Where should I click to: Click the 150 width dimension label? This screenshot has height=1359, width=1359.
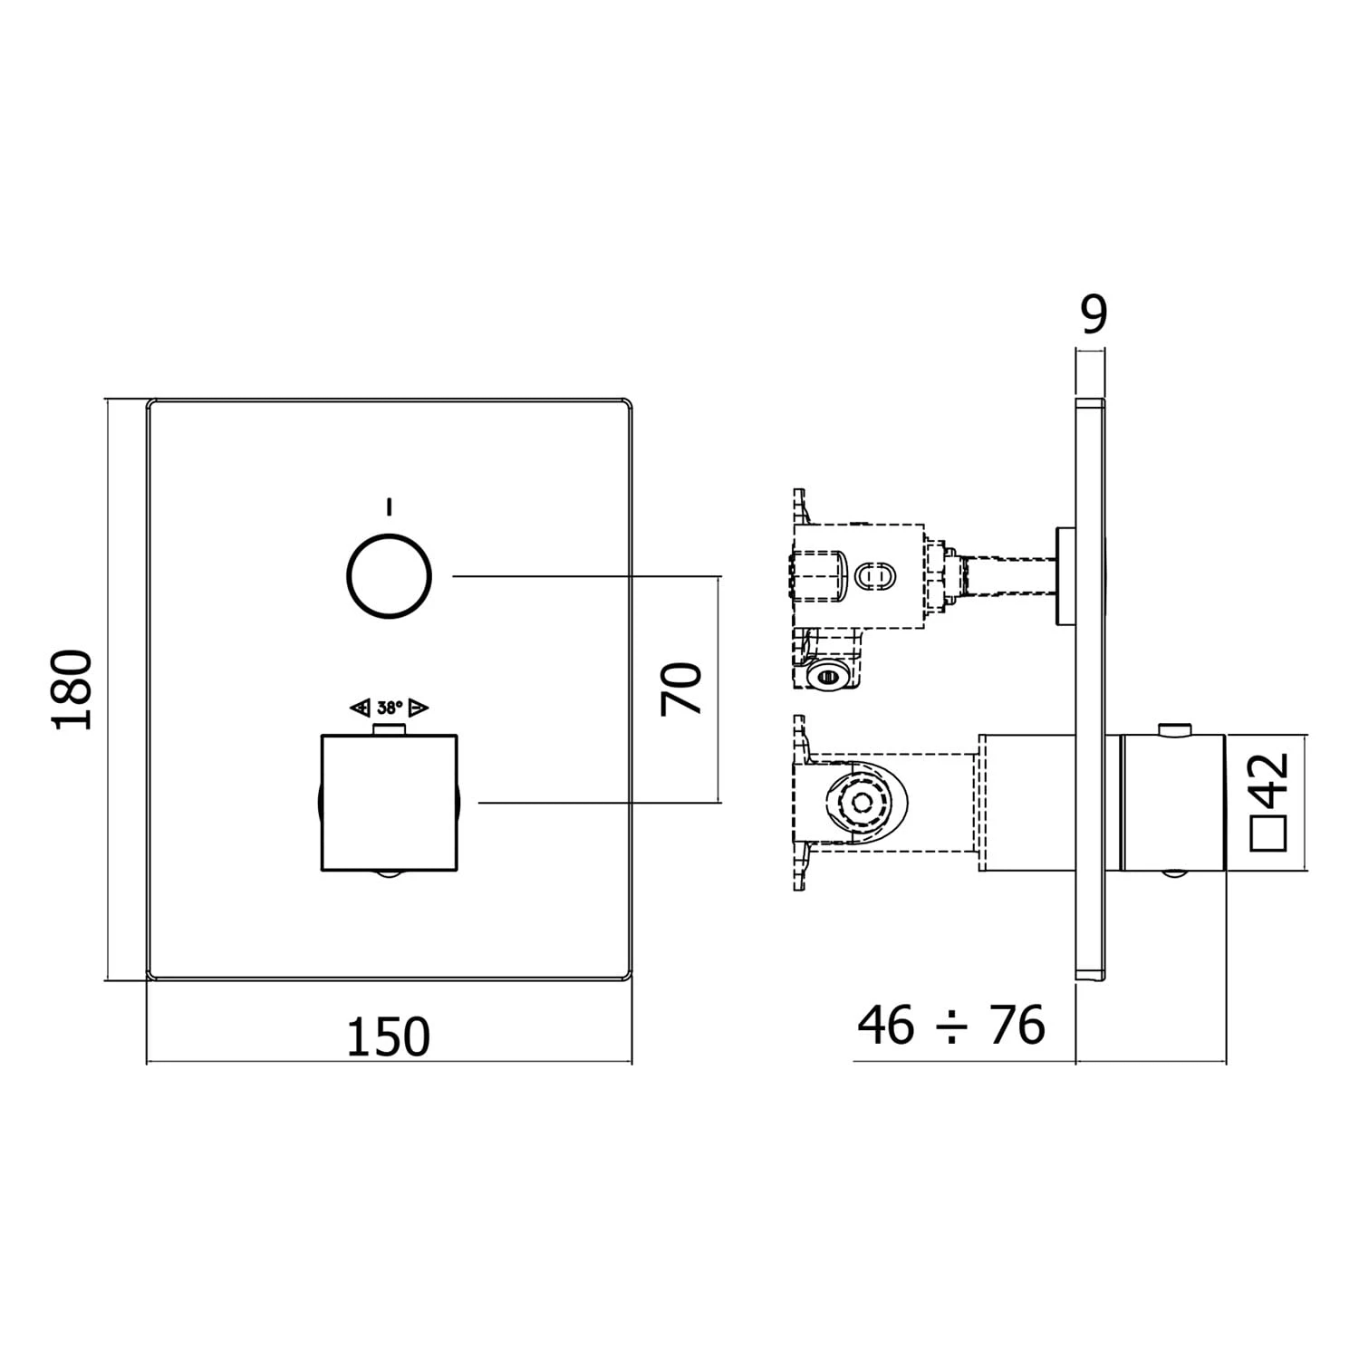pyautogui.click(x=389, y=1036)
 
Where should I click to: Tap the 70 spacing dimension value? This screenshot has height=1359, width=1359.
pyautogui.click(x=681, y=689)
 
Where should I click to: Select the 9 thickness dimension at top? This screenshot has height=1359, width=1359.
pyautogui.click(x=1094, y=314)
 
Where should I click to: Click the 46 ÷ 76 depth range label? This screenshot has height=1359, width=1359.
pyautogui.click(x=951, y=1025)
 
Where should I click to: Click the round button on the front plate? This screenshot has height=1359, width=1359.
pyautogui.click(x=390, y=576)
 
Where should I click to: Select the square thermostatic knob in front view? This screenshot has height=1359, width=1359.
pyautogui.click(x=390, y=802)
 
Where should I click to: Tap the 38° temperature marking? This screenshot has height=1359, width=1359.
pyautogui.click(x=390, y=707)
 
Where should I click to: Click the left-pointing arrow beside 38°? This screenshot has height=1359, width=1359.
pyautogui.click(x=360, y=707)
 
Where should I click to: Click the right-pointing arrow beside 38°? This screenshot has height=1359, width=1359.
pyautogui.click(x=419, y=707)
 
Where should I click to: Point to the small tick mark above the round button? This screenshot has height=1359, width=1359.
pyautogui.click(x=390, y=506)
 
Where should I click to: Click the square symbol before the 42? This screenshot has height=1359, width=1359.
pyautogui.click(x=1268, y=832)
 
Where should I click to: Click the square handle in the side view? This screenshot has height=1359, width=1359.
pyautogui.click(x=1173, y=802)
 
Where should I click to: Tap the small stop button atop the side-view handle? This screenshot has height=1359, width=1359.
pyautogui.click(x=1174, y=728)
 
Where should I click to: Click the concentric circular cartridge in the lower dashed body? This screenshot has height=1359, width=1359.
pyautogui.click(x=862, y=802)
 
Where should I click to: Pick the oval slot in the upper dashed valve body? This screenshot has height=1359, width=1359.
pyautogui.click(x=876, y=575)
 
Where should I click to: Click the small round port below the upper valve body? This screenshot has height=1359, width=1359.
pyautogui.click(x=825, y=675)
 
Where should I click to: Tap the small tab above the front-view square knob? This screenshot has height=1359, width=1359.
pyautogui.click(x=390, y=730)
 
